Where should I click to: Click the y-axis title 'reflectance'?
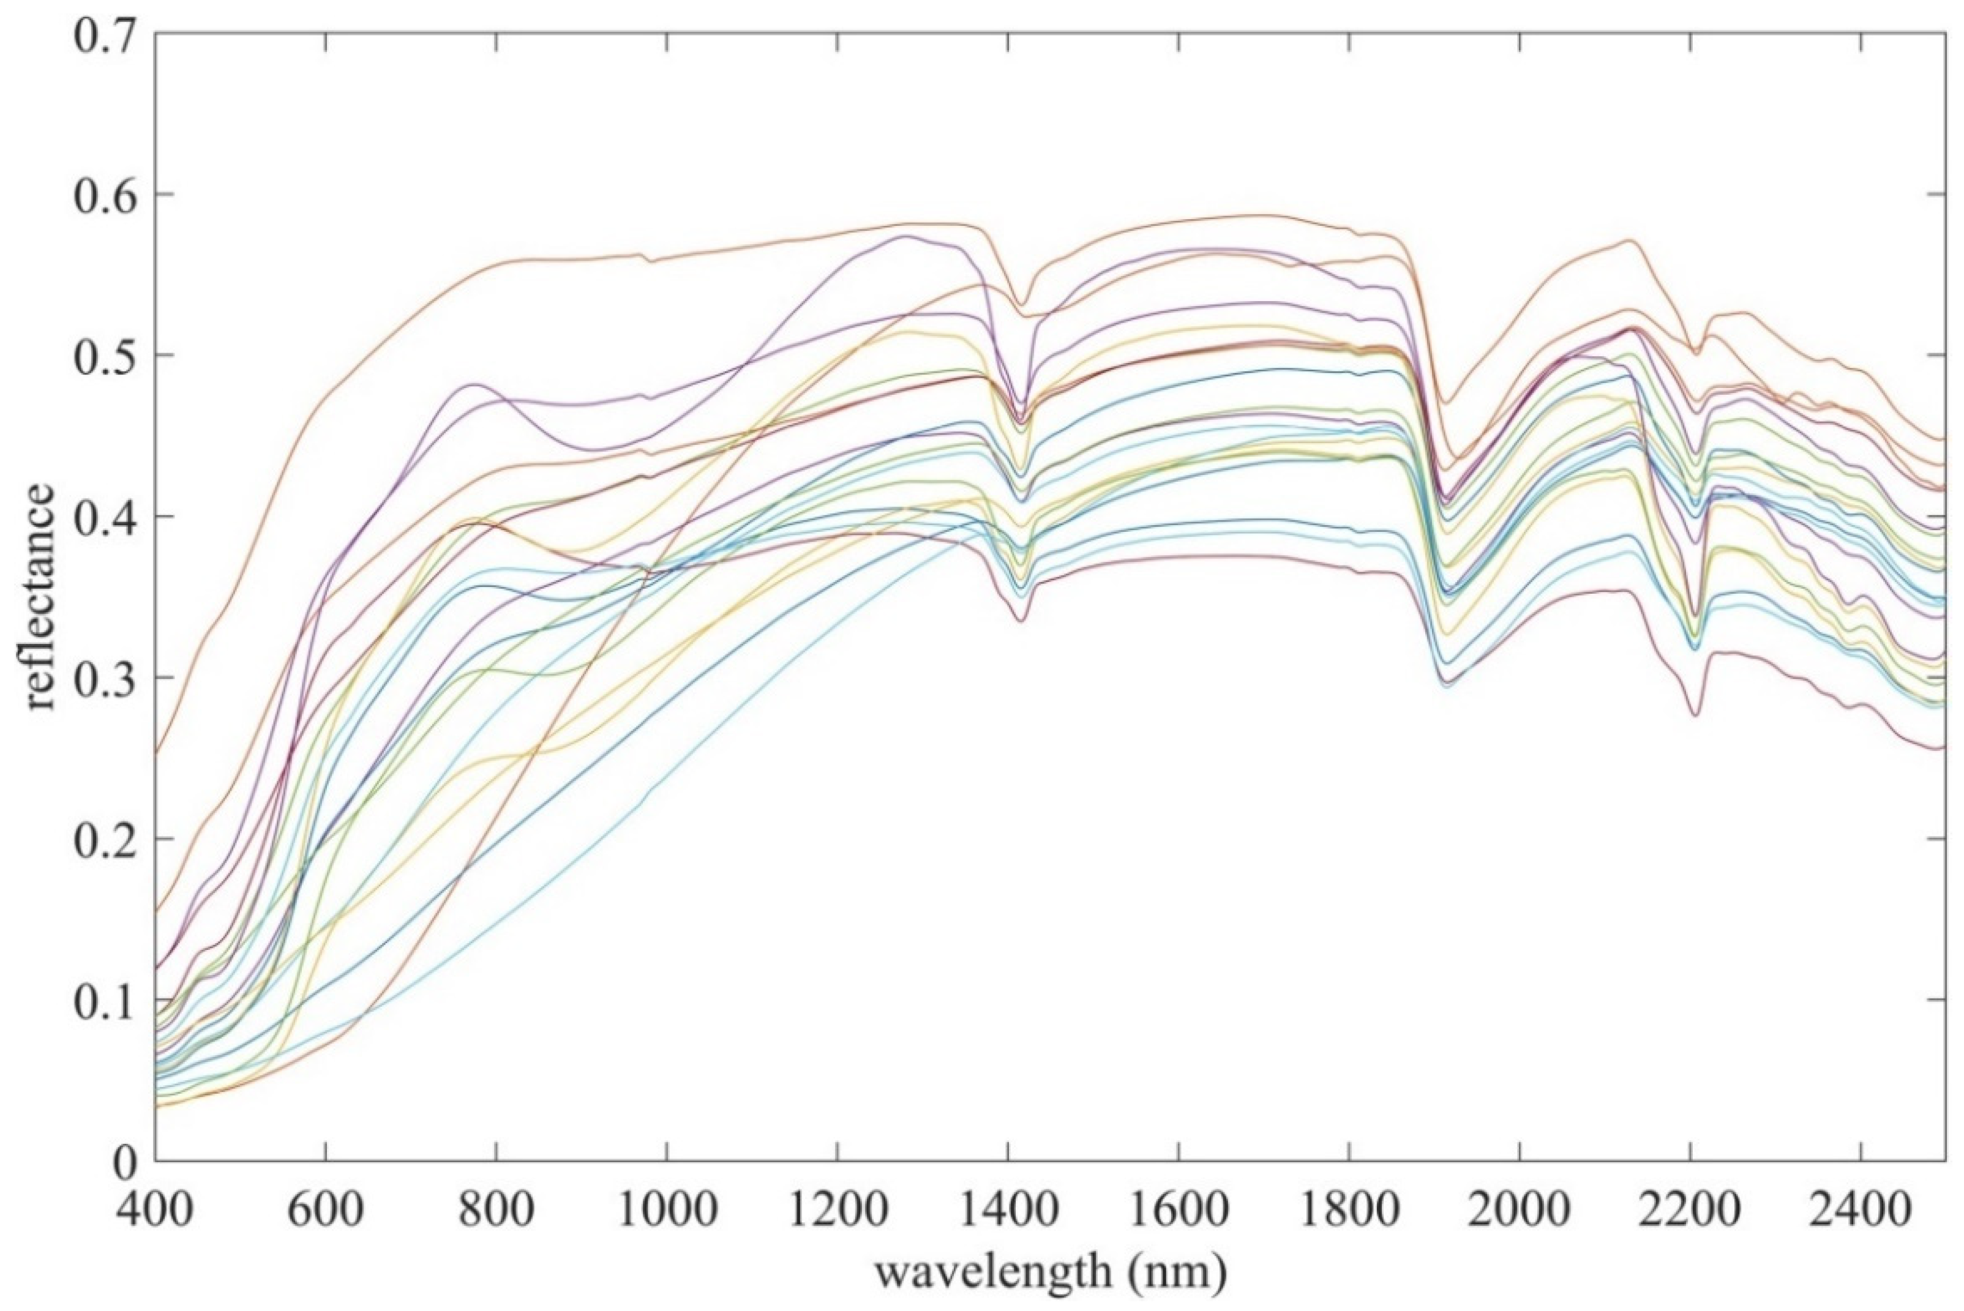coord(40,598)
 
